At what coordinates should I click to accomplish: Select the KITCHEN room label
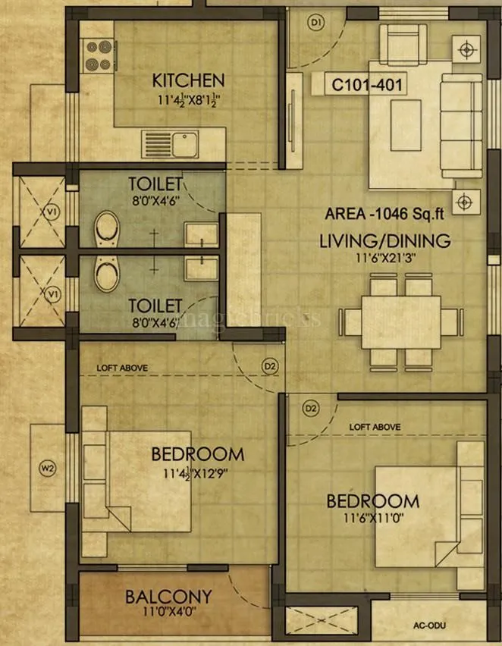click(188, 80)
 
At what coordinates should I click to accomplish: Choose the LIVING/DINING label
click(384, 241)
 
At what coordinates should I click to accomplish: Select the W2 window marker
click(48, 468)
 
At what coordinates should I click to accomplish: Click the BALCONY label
click(168, 596)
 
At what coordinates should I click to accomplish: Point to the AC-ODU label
click(429, 626)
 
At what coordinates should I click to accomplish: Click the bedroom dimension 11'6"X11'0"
click(372, 519)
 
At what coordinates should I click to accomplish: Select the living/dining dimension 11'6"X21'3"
click(384, 259)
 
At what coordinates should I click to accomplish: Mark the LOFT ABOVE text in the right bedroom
click(375, 428)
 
